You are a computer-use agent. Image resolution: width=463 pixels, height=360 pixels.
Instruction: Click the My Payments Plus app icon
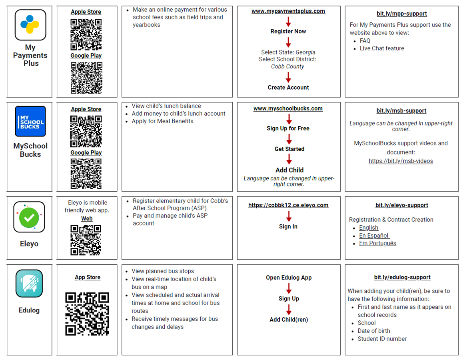[x=30, y=25]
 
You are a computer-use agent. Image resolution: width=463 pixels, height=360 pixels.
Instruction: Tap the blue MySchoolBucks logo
[x=30, y=121]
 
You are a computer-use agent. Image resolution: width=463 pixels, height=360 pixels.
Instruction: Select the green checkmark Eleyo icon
[x=29, y=217]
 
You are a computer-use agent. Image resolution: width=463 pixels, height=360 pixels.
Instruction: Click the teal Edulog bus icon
[x=29, y=284]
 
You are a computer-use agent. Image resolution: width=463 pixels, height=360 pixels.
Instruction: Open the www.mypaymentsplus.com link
[x=288, y=11]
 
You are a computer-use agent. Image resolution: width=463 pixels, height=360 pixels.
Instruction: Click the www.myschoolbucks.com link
[x=288, y=109]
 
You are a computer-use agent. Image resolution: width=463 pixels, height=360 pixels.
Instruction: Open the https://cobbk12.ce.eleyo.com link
[x=288, y=205]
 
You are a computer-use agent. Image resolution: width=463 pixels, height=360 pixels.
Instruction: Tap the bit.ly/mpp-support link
[x=401, y=14]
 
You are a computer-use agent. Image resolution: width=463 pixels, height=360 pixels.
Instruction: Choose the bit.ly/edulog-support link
[x=402, y=277]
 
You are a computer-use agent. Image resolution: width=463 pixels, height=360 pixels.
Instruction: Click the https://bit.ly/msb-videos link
[x=401, y=161]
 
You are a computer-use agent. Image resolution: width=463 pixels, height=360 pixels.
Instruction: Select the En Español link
[x=374, y=236]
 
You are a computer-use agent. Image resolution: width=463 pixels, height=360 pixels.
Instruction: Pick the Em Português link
[x=378, y=243]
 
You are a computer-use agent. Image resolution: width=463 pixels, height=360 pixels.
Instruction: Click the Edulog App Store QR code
[x=87, y=314]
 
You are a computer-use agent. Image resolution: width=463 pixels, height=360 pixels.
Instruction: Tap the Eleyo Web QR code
[x=86, y=240]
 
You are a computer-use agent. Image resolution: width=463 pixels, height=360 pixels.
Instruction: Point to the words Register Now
[x=288, y=31]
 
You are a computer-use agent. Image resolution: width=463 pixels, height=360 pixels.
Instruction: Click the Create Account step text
[x=288, y=88]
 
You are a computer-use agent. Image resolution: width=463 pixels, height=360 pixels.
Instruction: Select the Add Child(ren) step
[x=289, y=320]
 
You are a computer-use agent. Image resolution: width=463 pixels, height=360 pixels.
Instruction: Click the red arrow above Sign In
[x=289, y=216]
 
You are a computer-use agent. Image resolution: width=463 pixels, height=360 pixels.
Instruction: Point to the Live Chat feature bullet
[x=382, y=48]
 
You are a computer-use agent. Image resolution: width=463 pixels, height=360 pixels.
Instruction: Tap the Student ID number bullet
[x=382, y=339]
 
